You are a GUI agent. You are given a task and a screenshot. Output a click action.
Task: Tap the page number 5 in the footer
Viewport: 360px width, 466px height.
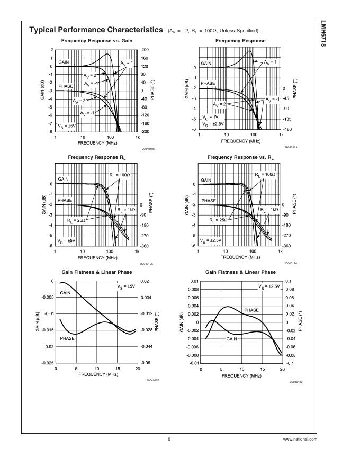click(169, 439)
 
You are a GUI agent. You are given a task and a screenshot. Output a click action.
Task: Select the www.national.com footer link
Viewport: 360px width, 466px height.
click(300, 439)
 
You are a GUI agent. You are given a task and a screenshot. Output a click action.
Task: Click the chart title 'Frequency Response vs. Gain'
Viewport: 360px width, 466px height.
click(97, 41)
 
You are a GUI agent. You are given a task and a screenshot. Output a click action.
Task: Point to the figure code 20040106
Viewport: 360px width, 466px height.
click(148, 149)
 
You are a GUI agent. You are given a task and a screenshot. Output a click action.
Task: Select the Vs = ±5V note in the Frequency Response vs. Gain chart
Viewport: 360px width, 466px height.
click(67, 126)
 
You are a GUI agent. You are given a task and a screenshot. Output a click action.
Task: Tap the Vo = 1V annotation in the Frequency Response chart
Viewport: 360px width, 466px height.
click(211, 116)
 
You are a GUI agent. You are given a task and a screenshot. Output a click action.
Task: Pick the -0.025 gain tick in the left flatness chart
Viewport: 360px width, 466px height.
click(48, 363)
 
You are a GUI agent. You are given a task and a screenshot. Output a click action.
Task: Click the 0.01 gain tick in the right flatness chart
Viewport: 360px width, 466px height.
click(194, 281)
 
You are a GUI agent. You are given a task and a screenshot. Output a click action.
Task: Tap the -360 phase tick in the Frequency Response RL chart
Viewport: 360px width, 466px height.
click(145, 246)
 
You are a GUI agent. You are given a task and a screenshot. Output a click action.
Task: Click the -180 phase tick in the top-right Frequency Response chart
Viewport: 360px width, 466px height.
click(288, 129)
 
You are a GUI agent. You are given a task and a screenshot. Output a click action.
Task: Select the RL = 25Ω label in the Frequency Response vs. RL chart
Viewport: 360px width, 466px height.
click(218, 220)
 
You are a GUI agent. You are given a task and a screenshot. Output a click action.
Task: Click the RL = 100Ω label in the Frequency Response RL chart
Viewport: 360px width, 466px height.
click(120, 174)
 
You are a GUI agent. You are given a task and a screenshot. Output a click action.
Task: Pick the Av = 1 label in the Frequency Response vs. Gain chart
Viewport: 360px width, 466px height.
click(127, 62)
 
